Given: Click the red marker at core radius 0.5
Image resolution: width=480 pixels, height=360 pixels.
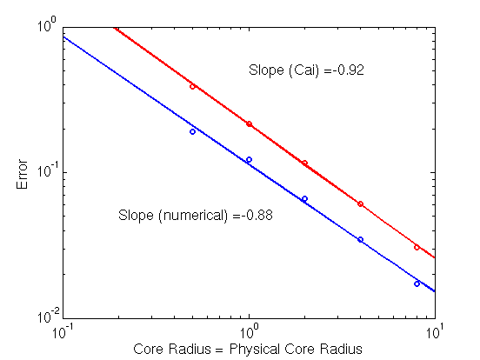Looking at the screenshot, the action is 192,87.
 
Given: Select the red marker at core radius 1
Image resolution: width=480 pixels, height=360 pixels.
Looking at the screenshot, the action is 250,124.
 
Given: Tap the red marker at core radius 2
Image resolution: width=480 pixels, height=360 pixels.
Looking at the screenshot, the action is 304,163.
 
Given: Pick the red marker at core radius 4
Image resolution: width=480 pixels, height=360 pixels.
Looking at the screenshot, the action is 360,203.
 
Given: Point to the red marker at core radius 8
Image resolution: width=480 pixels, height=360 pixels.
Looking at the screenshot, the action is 417,247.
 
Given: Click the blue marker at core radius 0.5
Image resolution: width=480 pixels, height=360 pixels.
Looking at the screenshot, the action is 192,131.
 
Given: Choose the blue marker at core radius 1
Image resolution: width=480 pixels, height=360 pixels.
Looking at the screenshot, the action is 250,159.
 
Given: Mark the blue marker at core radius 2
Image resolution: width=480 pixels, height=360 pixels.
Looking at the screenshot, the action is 304,199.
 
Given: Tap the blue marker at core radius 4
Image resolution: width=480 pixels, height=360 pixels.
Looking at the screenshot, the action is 360,239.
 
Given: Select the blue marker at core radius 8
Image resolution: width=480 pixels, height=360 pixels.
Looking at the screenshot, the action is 417,283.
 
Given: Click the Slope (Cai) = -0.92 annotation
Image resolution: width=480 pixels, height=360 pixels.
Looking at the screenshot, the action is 306,70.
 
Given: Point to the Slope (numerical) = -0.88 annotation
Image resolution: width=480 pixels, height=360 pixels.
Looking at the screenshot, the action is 196,215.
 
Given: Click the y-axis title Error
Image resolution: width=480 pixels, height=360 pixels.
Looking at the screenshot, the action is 22,174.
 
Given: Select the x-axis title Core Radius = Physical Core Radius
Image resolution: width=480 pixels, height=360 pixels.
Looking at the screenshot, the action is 248,349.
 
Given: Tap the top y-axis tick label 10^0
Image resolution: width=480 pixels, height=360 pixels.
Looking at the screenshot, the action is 47,25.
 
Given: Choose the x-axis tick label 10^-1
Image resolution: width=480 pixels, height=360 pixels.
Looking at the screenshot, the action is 63,331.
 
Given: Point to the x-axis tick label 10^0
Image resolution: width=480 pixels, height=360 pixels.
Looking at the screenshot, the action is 250,331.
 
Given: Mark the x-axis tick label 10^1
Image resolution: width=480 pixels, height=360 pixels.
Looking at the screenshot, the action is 436,331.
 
